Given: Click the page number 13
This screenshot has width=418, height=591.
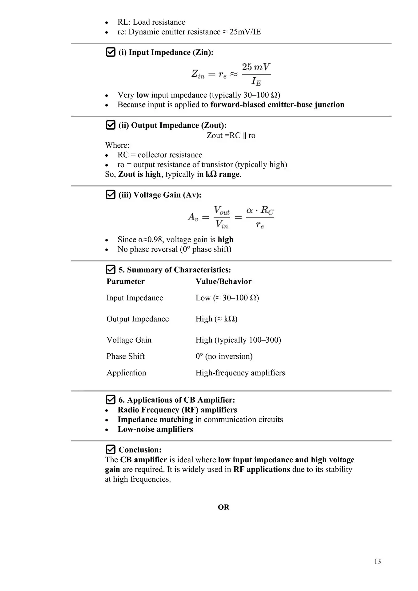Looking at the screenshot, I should (377, 561).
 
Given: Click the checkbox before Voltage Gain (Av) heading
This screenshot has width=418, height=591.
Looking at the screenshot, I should (111, 195).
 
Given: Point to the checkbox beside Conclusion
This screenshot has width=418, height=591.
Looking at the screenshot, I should (111, 449).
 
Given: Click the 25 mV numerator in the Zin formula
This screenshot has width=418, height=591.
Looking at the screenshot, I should (256, 67).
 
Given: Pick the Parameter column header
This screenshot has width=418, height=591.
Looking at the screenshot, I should (125, 281).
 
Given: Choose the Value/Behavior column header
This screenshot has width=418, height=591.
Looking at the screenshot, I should (223, 281).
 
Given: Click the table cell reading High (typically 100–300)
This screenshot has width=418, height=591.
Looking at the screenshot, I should (238, 340).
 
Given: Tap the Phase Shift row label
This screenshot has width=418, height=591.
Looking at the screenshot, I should (125, 356).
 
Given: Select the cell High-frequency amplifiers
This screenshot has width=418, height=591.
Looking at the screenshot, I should (240, 373).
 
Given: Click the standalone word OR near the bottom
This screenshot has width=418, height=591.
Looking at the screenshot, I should (223, 507).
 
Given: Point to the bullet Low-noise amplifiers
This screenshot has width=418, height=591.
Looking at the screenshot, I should (155, 429).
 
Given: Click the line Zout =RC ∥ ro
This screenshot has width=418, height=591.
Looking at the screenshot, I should (231, 135).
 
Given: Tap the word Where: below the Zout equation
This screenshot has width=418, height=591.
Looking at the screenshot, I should (117, 145).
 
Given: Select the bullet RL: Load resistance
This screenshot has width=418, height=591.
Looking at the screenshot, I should (151, 22).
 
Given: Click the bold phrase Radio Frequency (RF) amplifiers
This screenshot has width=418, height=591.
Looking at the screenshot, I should (177, 410).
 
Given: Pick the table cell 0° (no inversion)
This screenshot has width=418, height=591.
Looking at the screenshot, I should (224, 356).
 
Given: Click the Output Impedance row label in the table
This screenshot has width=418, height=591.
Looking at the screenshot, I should (138, 319).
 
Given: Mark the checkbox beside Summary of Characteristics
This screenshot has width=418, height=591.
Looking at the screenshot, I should (111, 269).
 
